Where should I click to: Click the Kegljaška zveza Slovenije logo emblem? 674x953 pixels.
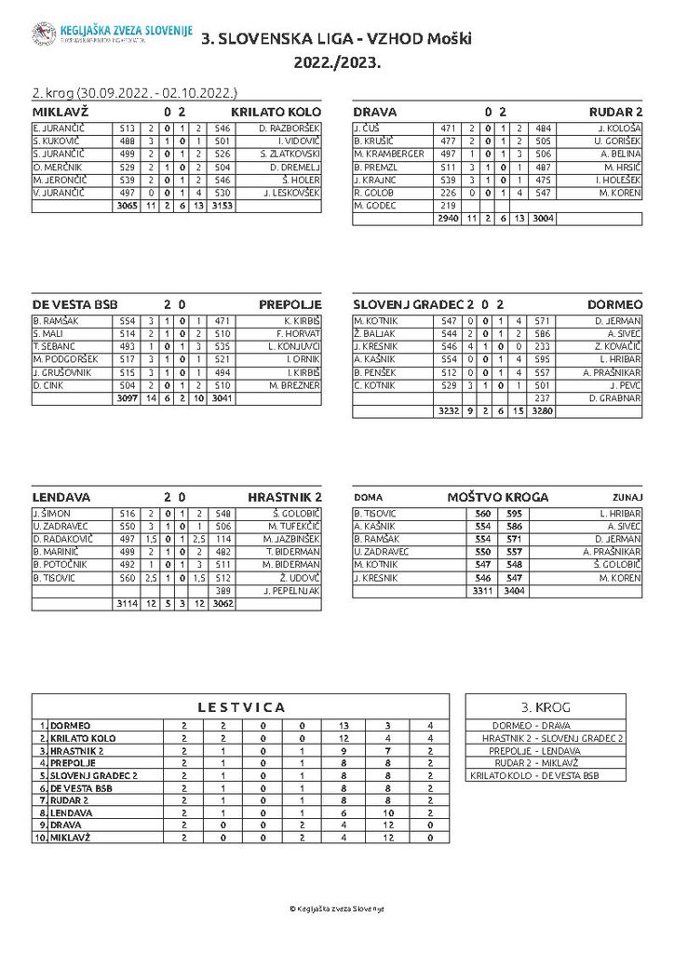pyautogui.click(x=43, y=35)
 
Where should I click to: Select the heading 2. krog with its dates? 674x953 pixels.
pyautogui.click(x=134, y=93)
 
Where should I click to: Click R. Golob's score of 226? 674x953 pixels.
pyautogui.click(x=448, y=192)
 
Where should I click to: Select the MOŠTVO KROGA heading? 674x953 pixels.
pyautogui.click(x=498, y=497)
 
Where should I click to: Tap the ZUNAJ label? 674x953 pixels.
pyautogui.click(x=627, y=497)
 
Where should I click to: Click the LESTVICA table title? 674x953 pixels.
pyautogui.click(x=241, y=707)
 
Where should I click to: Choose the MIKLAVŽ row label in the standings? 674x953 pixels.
pyautogui.click(x=70, y=838)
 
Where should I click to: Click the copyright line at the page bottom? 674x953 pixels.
pyautogui.click(x=336, y=908)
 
